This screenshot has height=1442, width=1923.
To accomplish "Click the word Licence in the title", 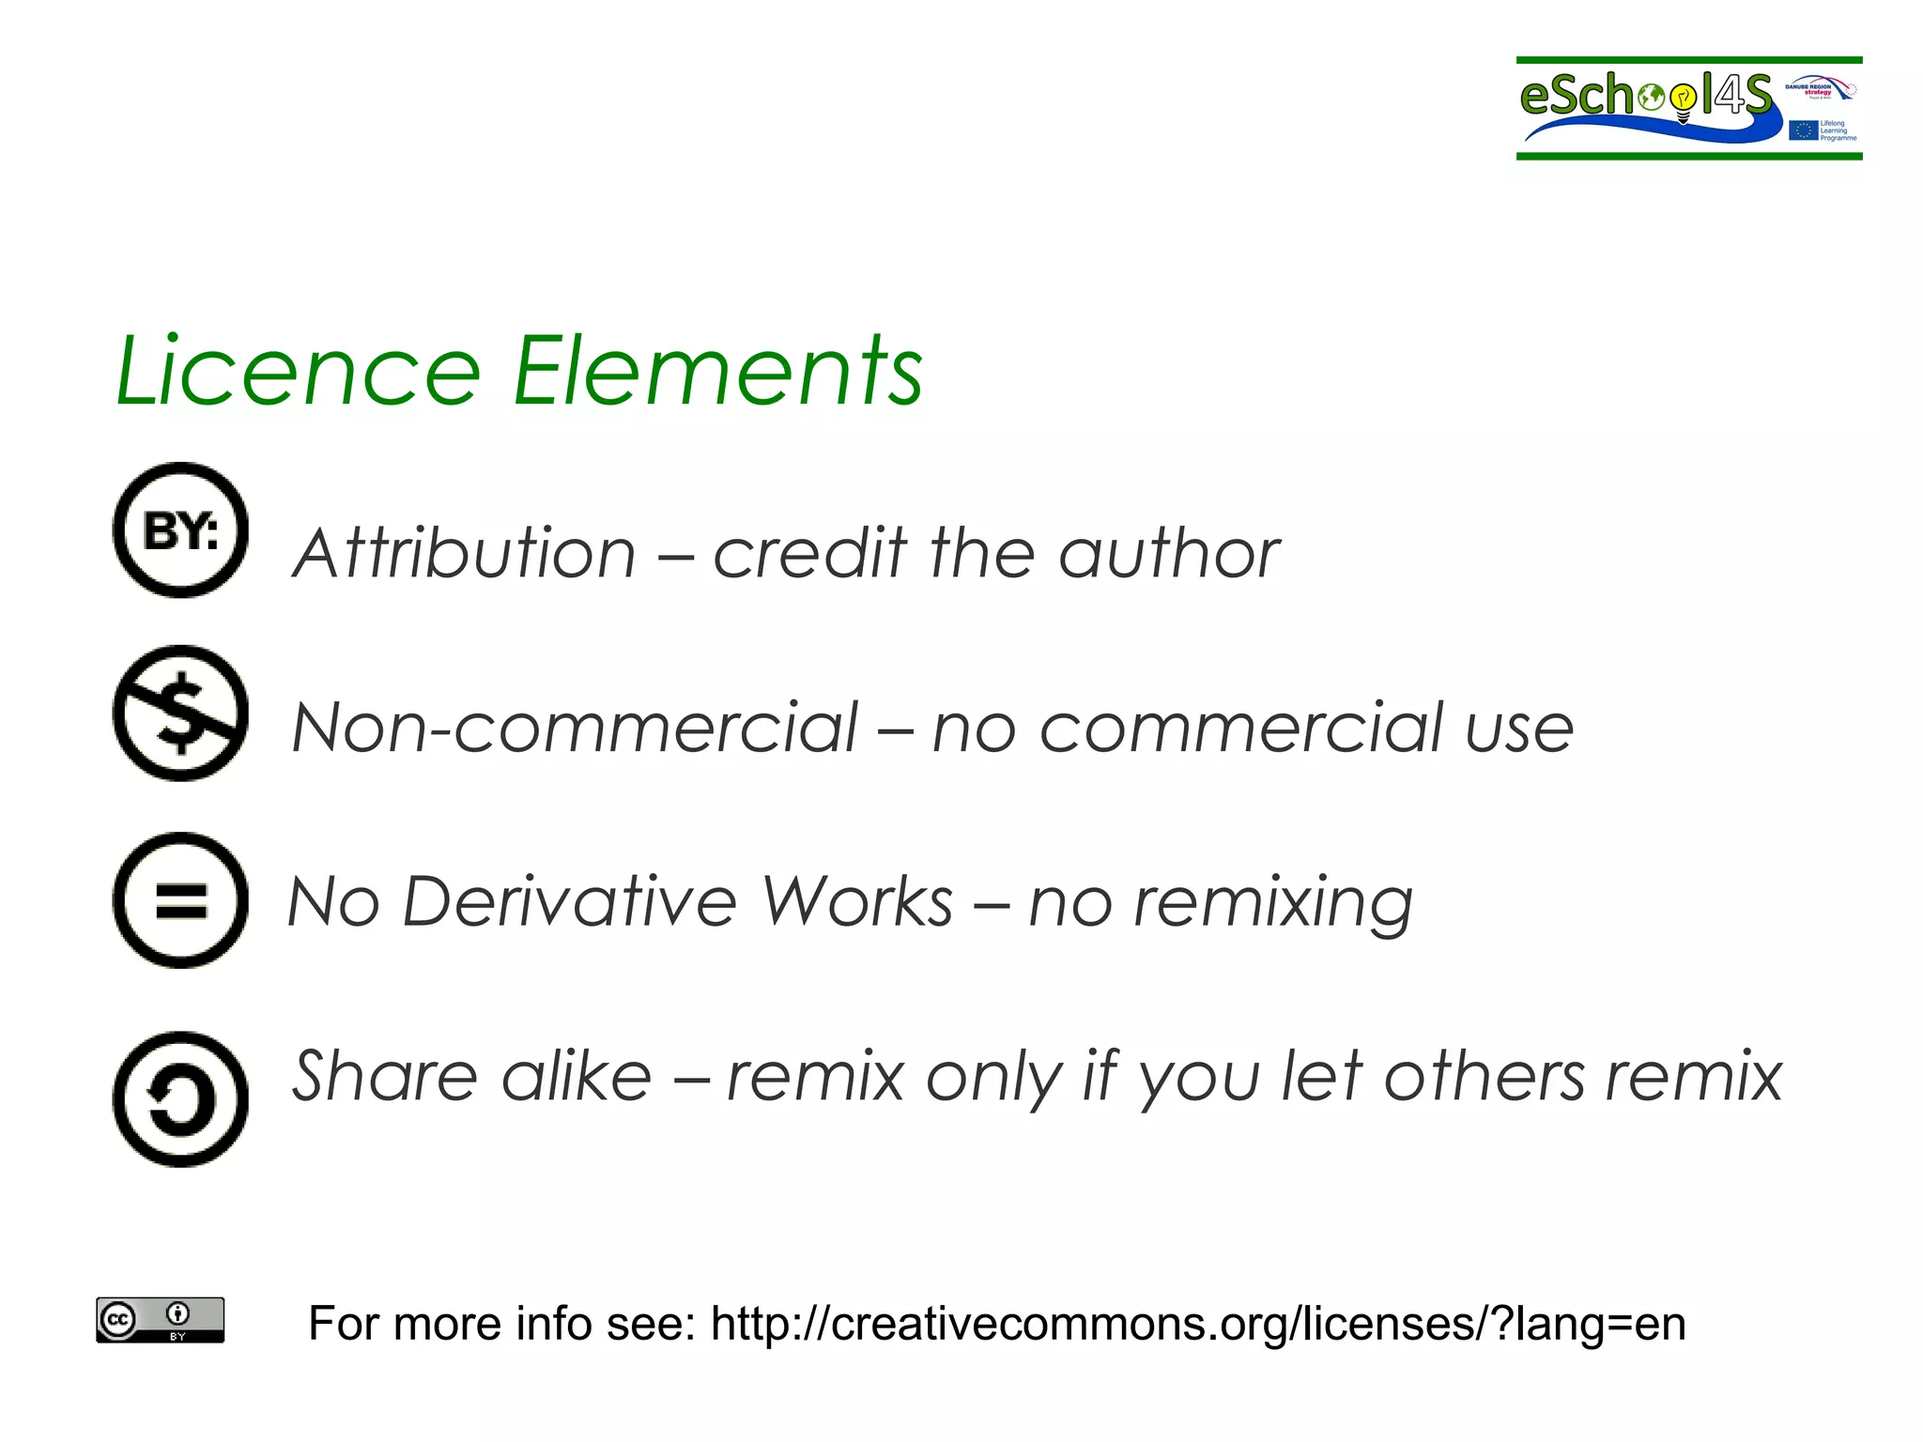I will coord(299,372).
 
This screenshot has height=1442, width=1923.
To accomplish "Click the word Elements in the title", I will coord(718,372).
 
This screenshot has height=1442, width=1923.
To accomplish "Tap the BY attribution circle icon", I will coord(180,530).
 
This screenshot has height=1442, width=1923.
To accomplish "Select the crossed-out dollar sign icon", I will coord(180,713).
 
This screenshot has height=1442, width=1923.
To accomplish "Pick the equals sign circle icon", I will coord(180,900).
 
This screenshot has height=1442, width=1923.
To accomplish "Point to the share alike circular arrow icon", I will coord(180,1099).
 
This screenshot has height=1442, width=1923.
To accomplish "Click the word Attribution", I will coord(465,553).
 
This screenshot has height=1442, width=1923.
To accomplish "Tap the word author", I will coord(1169,553).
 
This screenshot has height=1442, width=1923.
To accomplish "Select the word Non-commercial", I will coord(575,728).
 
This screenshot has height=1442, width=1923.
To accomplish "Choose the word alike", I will coord(576,1076).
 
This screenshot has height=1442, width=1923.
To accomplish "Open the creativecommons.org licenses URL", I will coord(1197,1324).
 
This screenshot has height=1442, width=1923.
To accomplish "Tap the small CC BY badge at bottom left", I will coord(161,1320).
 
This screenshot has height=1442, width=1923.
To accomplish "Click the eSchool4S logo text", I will coord(1643,96).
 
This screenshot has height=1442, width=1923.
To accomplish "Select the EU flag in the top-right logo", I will coord(1803,130).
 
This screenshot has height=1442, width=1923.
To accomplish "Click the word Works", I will coord(856,902).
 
